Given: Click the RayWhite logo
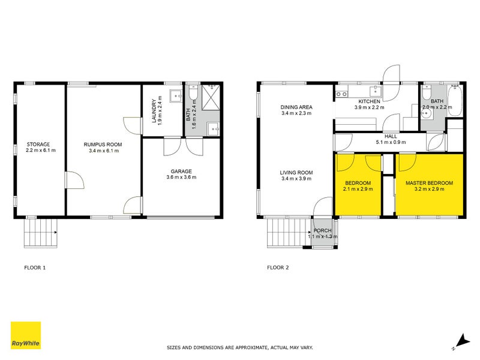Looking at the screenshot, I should click(x=26, y=335).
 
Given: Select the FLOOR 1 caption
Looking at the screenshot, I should click(x=35, y=268).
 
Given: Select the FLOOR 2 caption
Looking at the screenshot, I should click(x=278, y=268).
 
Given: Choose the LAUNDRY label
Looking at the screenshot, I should click(x=154, y=111).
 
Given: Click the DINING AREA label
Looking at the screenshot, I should click(x=296, y=107).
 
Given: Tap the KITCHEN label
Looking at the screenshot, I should click(x=370, y=101).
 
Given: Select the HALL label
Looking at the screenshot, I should click(x=390, y=136).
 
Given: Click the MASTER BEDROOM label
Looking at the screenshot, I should click(x=429, y=182).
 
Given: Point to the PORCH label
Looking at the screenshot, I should click(x=322, y=230).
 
